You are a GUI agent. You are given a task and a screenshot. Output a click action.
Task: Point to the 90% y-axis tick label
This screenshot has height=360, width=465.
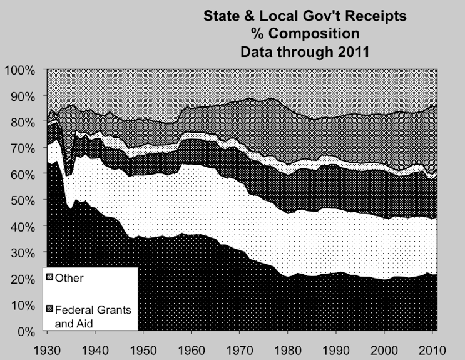click(x=22, y=96)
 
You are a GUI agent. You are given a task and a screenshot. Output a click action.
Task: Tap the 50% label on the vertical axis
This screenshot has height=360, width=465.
click(x=22, y=200)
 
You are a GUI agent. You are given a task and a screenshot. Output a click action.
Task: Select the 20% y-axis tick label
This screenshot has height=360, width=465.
click(x=22, y=279)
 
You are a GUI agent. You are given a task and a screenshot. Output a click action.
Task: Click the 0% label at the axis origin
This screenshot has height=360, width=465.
click(x=25, y=331)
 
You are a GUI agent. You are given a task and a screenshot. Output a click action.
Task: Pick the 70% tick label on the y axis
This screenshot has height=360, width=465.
click(x=22, y=148)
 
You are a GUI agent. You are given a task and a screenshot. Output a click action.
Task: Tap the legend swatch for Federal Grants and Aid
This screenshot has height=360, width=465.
click(x=49, y=309)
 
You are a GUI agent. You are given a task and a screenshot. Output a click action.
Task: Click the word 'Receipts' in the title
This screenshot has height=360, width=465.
click(x=376, y=16)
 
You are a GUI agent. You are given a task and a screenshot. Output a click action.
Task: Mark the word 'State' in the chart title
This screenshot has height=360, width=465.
click(x=222, y=16)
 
